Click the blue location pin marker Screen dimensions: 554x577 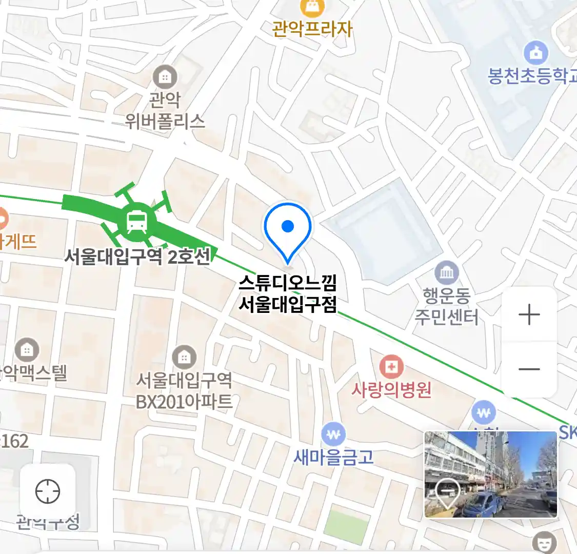click(288, 229)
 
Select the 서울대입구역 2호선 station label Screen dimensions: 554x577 click(137, 256)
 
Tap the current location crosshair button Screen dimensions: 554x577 click(48, 491)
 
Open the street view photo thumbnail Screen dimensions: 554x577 click(490, 474)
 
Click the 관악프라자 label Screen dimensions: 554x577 click(312, 29)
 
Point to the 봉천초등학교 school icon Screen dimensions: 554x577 click(535, 53)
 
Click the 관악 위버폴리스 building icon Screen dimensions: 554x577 click(165, 77)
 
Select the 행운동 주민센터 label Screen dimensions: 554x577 click(446, 306)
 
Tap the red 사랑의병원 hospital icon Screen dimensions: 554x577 click(391, 366)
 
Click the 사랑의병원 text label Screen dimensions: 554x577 click(391, 390)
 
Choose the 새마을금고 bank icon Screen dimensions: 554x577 click(333, 435)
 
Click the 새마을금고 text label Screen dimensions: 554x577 click(333, 457)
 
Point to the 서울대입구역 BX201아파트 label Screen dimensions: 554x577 click(184, 391)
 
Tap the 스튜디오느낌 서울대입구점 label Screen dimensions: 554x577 click(288, 294)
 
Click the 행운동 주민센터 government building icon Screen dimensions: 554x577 click(446, 273)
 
